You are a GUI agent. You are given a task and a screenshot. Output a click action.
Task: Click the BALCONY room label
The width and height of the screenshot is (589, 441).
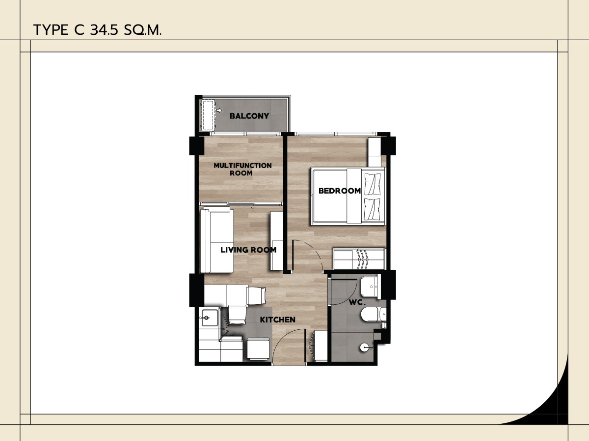[249, 116]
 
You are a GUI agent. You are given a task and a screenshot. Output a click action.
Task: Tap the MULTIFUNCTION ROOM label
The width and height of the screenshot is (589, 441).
[242, 169]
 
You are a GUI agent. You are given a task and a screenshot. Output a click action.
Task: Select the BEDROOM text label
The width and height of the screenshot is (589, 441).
[340, 191]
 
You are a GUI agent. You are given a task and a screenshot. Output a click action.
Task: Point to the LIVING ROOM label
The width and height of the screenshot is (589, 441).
[248, 250]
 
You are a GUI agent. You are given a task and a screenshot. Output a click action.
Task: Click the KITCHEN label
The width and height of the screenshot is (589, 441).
[278, 319]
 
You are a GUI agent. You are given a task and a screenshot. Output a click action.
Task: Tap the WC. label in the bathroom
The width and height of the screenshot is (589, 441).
[357, 302]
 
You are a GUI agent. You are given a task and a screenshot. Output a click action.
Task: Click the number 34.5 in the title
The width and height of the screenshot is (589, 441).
[104, 30]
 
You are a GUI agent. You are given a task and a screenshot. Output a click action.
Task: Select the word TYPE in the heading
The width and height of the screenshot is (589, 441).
[51, 30]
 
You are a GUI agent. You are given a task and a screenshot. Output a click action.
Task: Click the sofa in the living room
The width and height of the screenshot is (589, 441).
[217, 240]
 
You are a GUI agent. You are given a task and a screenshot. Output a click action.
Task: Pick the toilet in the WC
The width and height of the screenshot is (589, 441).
[374, 315]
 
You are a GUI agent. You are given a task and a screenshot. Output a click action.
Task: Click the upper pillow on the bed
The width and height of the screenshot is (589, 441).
[373, 184]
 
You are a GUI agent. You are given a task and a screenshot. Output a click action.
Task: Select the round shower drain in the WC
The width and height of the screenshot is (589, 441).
[364, 347]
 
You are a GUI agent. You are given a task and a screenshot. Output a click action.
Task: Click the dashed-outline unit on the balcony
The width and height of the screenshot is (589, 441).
[209, 115]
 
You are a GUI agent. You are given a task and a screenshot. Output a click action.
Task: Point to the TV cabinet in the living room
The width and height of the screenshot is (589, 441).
[277, 241]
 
